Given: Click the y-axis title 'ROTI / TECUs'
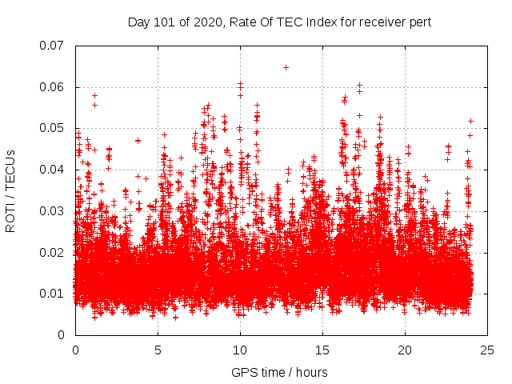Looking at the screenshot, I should [x=10, y=190].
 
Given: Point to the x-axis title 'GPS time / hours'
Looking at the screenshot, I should [x=279, y=373].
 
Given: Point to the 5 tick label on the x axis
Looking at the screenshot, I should [x=158, y=350].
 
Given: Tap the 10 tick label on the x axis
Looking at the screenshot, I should [x=240, y=350].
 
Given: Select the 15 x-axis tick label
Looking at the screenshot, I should [x=322, y=350].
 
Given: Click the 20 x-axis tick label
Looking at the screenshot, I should [x=405, y=350].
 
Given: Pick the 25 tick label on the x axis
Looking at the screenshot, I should [x=487, y=350].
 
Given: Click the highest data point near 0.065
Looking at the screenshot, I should [x=286, y=67].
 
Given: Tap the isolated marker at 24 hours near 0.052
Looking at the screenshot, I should [x=470, y=121].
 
